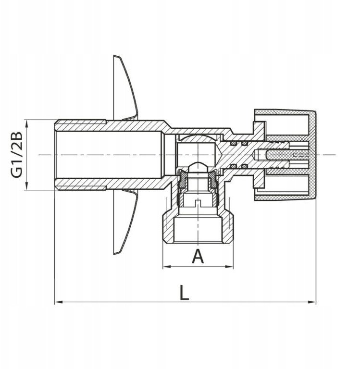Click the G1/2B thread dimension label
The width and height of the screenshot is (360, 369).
16,155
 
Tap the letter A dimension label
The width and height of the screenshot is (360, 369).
198,256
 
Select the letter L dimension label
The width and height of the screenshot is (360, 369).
184,292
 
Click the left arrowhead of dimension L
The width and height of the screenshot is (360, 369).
59,302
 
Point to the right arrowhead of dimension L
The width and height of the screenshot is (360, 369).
312,302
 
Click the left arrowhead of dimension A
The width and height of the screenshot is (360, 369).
167,267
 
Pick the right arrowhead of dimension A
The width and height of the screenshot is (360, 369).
229,267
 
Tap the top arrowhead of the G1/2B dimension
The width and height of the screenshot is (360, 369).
26,124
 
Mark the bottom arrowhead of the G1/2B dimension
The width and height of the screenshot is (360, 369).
26,185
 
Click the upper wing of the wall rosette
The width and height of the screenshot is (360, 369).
125,87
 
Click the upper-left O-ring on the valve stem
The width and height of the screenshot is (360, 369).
234,143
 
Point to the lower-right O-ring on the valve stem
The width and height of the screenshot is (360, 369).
245,166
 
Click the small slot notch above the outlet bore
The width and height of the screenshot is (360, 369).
198,202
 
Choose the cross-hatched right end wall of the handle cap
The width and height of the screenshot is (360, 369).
312,156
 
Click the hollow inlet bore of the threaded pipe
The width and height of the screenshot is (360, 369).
110,155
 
